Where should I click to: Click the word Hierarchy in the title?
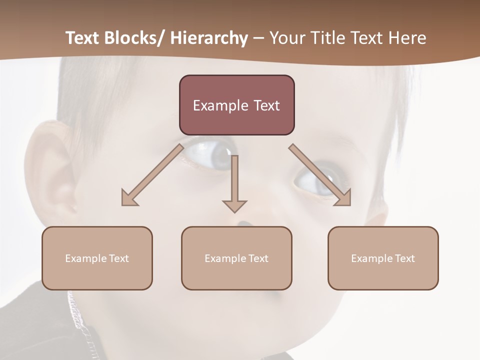(208, 38)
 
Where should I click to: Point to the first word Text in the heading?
(84, 38)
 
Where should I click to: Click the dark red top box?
(236, 105)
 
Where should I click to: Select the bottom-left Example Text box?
(97, 258)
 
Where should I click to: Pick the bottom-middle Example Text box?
(236, 258)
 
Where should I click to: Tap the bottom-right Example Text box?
(383, 258)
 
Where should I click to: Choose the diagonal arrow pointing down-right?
(320, 175)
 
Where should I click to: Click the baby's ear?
(50, 170)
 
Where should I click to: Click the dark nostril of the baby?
(243, 223)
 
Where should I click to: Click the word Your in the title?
(287, 38)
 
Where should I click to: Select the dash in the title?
(258, 38)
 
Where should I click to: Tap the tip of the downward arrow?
(234, 211)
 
